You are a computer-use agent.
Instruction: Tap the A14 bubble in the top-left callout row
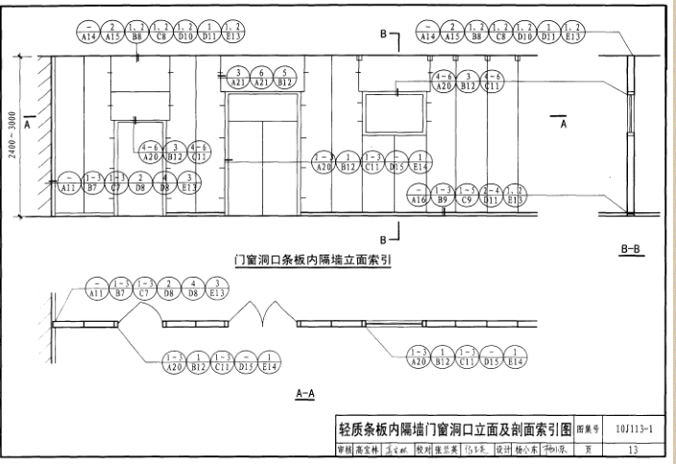click(x=88, y=34)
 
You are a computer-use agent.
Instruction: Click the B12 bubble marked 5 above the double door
click(x=284, y=79)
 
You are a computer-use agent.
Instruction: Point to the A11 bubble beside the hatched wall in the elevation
click(x=68, y=182)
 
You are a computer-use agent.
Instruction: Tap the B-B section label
click(x=631, y=250)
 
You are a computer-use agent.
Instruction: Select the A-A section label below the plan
click(x=305, y=393)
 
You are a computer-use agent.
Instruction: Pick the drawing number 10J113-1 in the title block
click(x=632, y=429)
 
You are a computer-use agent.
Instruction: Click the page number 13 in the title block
click(x=632, y=449)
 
